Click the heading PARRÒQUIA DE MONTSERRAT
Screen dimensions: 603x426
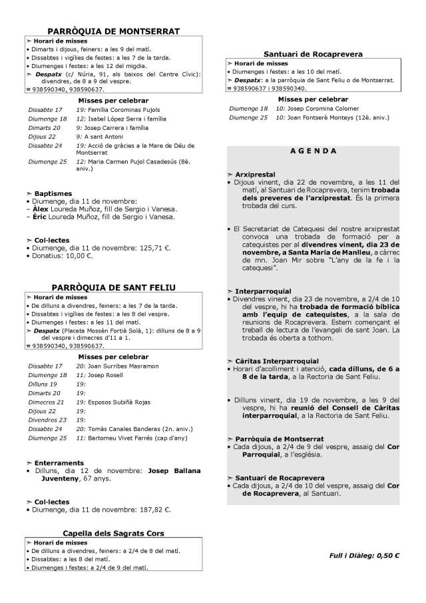(x=114, y=31)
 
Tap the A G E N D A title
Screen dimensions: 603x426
(x=313, y=151)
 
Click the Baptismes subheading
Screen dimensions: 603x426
(x=49, y=194)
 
